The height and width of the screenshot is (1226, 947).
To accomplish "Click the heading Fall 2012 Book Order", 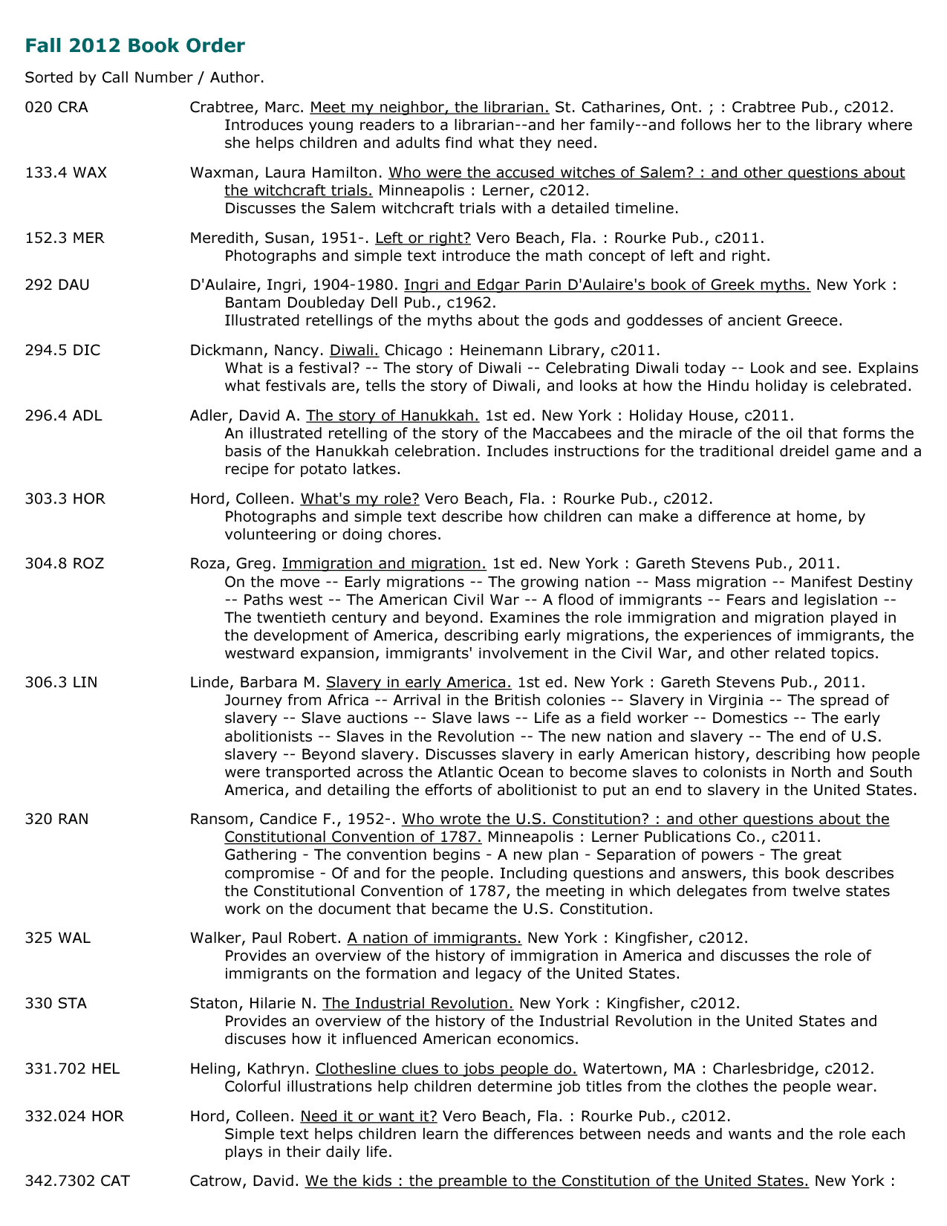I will point(134,46).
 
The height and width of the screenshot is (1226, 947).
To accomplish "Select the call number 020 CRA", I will point(56,108).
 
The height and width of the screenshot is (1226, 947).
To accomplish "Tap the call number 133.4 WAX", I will point(66,173).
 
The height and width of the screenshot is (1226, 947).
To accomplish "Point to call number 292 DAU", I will point(57,285).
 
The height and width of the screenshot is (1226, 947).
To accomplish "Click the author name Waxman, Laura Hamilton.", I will point(287,173).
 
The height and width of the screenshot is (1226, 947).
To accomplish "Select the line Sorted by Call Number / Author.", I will point(144,77).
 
